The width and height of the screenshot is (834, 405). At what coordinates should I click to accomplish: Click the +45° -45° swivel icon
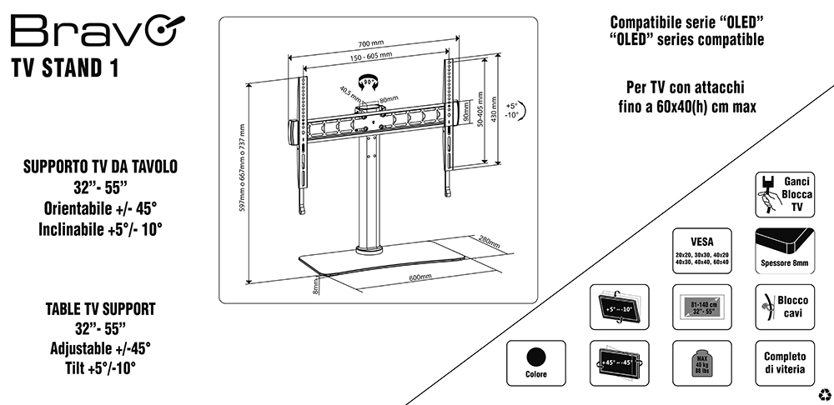click(x=617, y=362)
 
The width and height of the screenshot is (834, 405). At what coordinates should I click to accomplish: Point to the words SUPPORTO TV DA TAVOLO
click(x=100, y=167)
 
